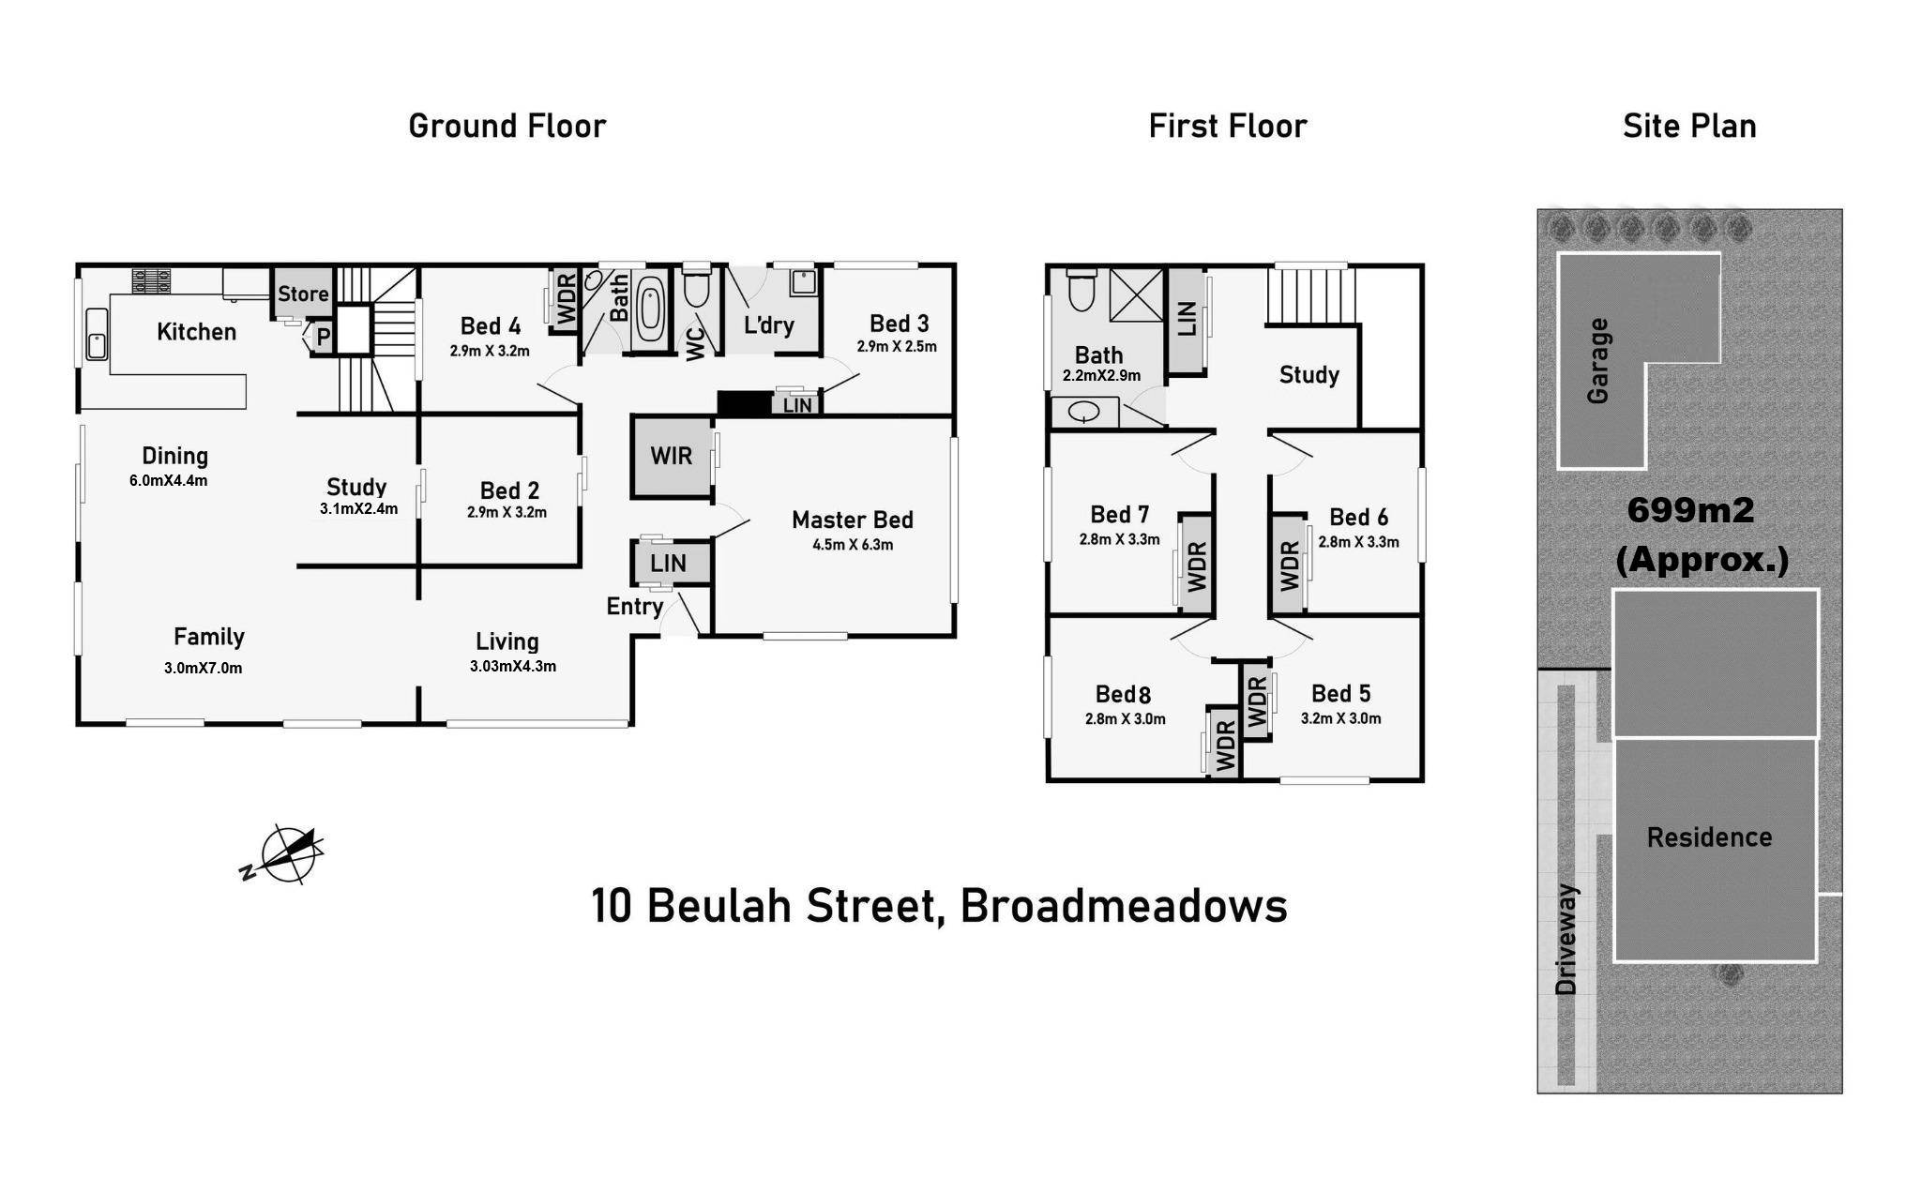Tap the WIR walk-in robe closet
pyautogui.click(x=671, y=457)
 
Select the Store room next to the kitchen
pyautogui.click(x=302, y=294)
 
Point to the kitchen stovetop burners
pyautogui.click(x=151, y=279)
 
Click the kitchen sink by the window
pyautogui.click(x=97, y=334)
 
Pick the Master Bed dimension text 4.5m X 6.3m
pyautogui.click(x=852, y=545)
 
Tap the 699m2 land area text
pyautogui.click(x=1690, y=510)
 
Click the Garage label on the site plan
pyautogui.click(x=1598, y=361)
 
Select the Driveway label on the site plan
pyautogui.click(x=1566, y=939)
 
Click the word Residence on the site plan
pyautogui.click(x=1709, y=837)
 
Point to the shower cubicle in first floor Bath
pyautogui.click(x=1135, y=296)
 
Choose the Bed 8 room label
pyautogui.click(x=1123, y=695)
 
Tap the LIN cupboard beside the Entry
pyautogui.click(x=668, y=564)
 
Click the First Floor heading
pyautogui.click(x=1227, y=127)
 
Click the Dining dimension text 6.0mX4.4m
pyautogui.click(x=169, y=481)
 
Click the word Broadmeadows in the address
pyautogui.click(x=1124, y=906)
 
